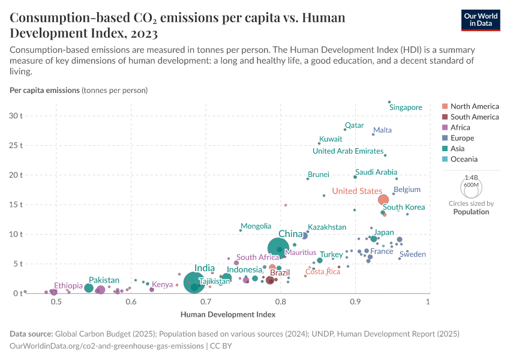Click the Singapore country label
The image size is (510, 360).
point(406,107)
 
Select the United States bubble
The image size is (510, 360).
point(383,200)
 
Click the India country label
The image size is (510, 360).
point(205,268)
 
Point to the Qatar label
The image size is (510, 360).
point(354,125)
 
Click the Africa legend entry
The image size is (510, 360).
point(460,127)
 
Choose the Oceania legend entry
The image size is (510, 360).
point(464,159)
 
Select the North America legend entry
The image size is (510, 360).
point(474,106)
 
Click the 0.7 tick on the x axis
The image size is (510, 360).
point(206,301)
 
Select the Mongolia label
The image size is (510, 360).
point(256,226)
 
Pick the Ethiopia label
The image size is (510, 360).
point(68,286)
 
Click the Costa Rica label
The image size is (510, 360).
point(323,272)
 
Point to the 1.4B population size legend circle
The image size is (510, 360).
point(472,187)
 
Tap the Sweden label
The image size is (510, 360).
point(412,254)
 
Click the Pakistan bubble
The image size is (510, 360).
point(89,288)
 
